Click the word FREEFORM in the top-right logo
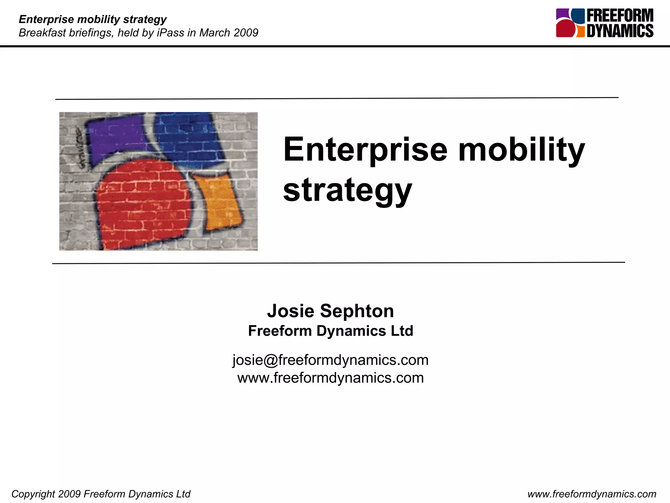pos(620,16)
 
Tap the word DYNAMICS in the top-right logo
pos(620,31)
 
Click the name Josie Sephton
pos(330,311)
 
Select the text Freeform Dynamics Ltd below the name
pos(330,331)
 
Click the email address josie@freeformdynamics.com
pos(330,360)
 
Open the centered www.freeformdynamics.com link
pos(330,378)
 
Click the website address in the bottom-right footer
pos(592,494)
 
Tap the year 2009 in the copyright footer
pos(69,494)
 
